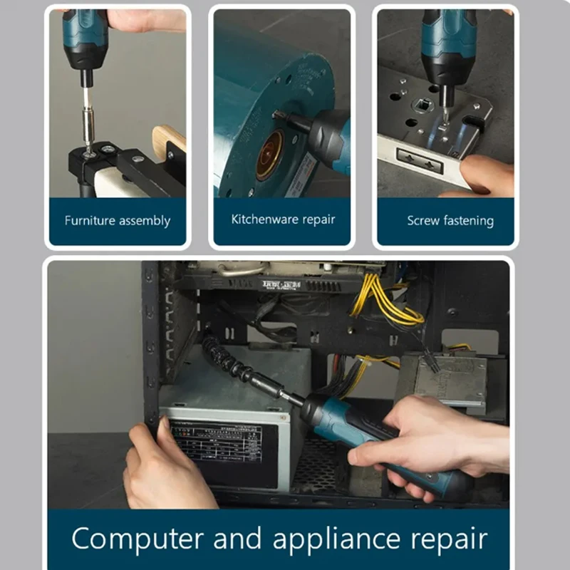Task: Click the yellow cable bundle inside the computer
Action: [385, 299]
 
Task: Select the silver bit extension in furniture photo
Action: [88, 118]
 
